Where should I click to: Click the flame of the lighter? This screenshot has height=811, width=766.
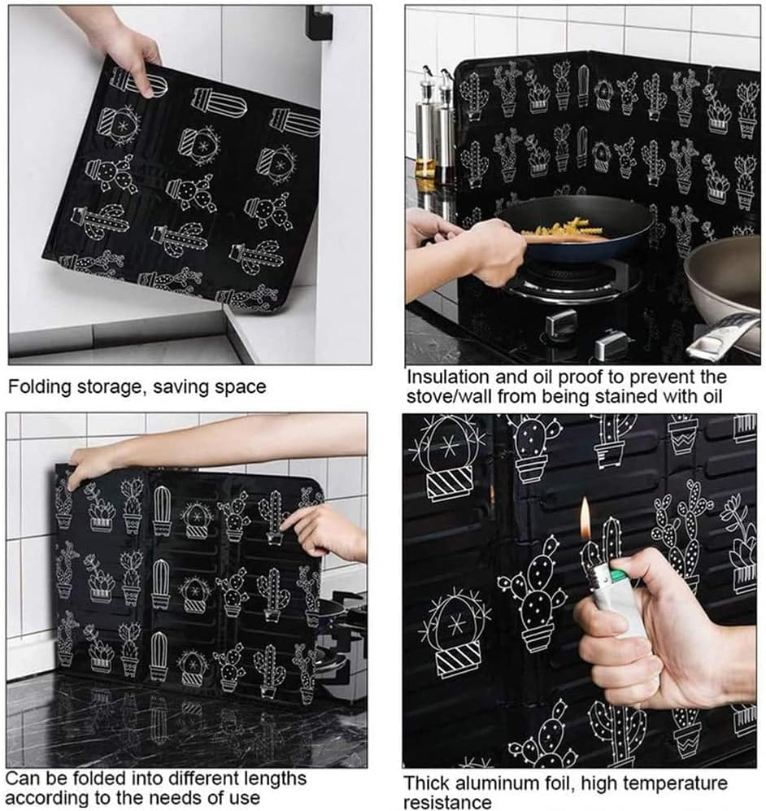click(x=585, y=517)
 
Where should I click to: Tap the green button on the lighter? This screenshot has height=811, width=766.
click(x=621, y=576)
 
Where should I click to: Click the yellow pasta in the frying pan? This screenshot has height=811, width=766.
click(x=561, y=230)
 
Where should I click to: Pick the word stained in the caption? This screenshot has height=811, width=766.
click(x=612, y=396)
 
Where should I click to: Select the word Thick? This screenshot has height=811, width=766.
click(x=429, y=784)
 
